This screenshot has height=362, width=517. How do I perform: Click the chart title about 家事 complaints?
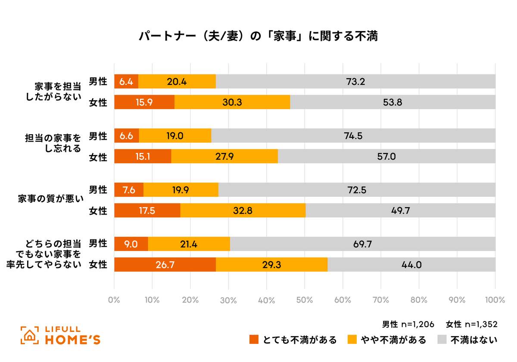click(258, 37)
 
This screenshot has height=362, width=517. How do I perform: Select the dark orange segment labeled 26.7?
click(165, 265)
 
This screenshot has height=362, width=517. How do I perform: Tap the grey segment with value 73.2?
click(355, 81)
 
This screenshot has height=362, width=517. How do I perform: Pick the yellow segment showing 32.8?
click(243, 211)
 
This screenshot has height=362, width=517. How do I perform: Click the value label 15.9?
click(144, 103)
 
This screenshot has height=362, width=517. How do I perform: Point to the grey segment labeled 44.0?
click(411, 265)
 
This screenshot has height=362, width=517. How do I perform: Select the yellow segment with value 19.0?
click(175, 135)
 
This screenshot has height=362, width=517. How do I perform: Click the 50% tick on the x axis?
click(305, 300)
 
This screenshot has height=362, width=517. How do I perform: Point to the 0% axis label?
click(114, 300)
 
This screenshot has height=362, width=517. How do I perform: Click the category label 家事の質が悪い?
click(50, 200)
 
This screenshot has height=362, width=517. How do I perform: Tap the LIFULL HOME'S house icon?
click(29, 335)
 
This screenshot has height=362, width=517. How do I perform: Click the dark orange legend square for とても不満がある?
click(254, 340)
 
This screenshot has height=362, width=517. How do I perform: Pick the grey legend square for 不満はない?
click(442, 340)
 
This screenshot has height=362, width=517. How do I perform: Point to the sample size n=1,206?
click(417, 324)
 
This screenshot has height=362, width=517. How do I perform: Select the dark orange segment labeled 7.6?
click(129, 190)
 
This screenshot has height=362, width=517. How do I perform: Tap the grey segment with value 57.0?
click(386, 156)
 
